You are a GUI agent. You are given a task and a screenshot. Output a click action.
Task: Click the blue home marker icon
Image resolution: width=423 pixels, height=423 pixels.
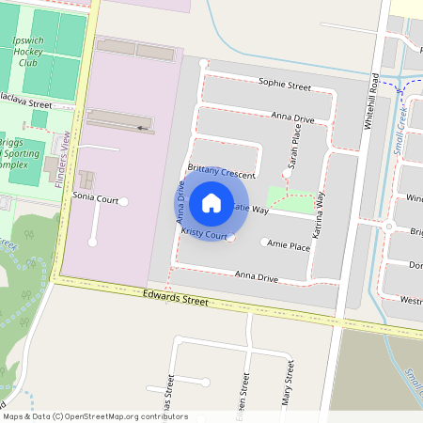click(211, 202)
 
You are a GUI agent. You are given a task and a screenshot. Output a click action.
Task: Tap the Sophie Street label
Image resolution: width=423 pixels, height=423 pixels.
click(285, 86)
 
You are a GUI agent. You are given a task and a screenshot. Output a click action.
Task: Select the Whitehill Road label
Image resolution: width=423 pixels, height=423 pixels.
click(375, 94)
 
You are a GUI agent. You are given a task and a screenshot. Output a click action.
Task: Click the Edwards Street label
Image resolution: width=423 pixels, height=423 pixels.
click(175, 299)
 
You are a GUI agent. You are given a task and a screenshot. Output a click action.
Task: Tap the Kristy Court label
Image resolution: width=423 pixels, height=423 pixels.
click(205, 232)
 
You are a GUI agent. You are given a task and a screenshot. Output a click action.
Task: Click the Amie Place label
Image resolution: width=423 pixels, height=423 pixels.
click(289, 246)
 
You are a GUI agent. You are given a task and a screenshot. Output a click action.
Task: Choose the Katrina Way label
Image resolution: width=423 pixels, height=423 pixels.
click(320, 213)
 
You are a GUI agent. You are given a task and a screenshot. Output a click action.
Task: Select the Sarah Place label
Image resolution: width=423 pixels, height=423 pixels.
click(293, 151)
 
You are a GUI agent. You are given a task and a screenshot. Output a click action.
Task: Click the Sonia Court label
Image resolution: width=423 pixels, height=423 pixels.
click(95, 199)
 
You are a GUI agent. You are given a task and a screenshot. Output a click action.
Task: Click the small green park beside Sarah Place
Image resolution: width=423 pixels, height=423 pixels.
click(290, 198)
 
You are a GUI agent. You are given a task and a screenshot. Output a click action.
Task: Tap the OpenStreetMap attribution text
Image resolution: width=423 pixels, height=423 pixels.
click(96, 416)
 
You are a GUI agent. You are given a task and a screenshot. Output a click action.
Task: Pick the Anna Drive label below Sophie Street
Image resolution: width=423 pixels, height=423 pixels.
click(292, 118)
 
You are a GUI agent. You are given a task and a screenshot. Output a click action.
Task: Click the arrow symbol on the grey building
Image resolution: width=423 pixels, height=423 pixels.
click(142, 127)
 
